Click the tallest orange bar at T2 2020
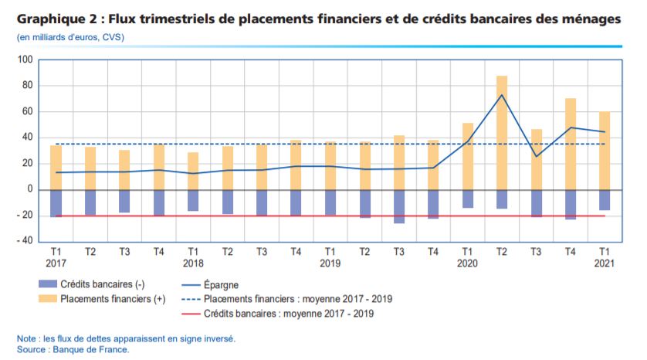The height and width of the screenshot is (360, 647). point(502,132)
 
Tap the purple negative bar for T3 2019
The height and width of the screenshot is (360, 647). point(398,206)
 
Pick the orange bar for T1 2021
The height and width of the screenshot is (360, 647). point(605,151)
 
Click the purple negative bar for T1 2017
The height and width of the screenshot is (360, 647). point(56,203)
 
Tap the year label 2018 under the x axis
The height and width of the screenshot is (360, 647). point(193,263)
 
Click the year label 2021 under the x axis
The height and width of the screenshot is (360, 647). point(605,263)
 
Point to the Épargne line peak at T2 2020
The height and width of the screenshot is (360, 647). point(502,95)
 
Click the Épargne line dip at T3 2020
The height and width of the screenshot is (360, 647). point(537,156)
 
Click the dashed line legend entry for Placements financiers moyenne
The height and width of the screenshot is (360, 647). point(293,299)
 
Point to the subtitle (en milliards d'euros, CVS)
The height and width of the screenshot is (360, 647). point(70,37)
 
